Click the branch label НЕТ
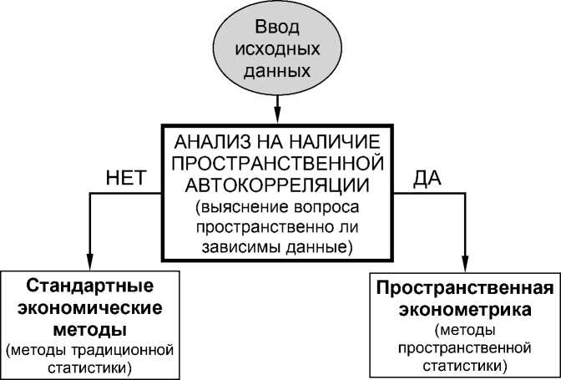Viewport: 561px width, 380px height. coord(127,179)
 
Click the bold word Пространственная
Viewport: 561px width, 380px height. coord(465,289)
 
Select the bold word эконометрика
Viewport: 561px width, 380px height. coord(465,309)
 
